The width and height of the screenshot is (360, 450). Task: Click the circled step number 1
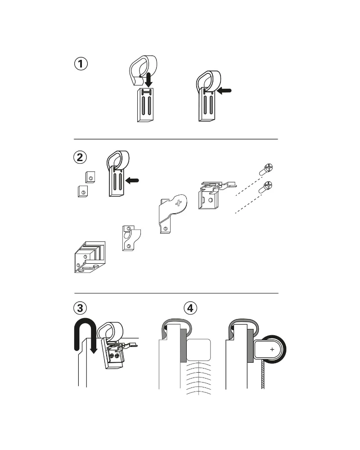(x=81, y=64)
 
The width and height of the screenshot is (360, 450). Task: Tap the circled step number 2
(x=80, y=157)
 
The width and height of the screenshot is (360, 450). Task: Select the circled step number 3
(x=80, y=308)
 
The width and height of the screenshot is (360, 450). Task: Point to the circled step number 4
(x=190, y=308)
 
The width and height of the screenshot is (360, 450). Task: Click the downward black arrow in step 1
(x=148, y=80)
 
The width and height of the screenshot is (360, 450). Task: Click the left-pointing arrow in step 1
(x=224, y=91)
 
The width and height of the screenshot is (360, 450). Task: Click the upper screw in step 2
(x=266, y=169)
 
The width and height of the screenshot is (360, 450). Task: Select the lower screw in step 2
(x=266, y=187)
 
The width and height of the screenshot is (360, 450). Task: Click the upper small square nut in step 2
(x=90, y=177)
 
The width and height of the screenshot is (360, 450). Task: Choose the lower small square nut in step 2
(x=83, y=191)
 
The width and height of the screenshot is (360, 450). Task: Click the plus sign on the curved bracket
(x=179, y=203)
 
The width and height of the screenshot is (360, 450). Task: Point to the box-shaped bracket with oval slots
(x=90, y=257)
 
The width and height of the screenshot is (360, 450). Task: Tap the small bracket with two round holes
(x=131, y=238)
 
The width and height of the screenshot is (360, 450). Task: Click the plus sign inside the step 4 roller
(x=272, y=349)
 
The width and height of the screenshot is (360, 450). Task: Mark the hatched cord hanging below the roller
(x=262, y=375)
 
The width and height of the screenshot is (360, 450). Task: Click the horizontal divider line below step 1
(x=176, y=139)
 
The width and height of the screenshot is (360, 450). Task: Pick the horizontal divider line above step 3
(x=176, y=293)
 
